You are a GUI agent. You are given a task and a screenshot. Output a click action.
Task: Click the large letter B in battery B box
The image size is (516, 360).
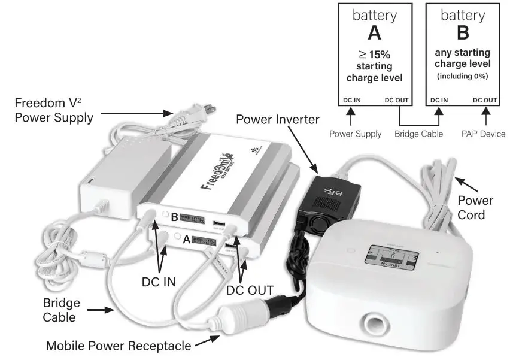click(462, 34)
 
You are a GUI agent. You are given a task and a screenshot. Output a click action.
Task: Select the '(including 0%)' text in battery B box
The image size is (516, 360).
click(462, 76)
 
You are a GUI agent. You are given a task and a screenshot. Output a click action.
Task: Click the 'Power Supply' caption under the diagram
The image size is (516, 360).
click(355, 134)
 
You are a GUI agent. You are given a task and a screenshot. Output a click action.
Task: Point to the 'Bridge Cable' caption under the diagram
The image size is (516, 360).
click(419, 134)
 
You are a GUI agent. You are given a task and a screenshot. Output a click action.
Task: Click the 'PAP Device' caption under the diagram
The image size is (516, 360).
click(484, 134)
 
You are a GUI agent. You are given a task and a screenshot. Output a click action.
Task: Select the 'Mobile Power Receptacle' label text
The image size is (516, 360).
click(119, 346)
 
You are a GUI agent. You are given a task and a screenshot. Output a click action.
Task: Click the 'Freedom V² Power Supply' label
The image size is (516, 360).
click(54, 110)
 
